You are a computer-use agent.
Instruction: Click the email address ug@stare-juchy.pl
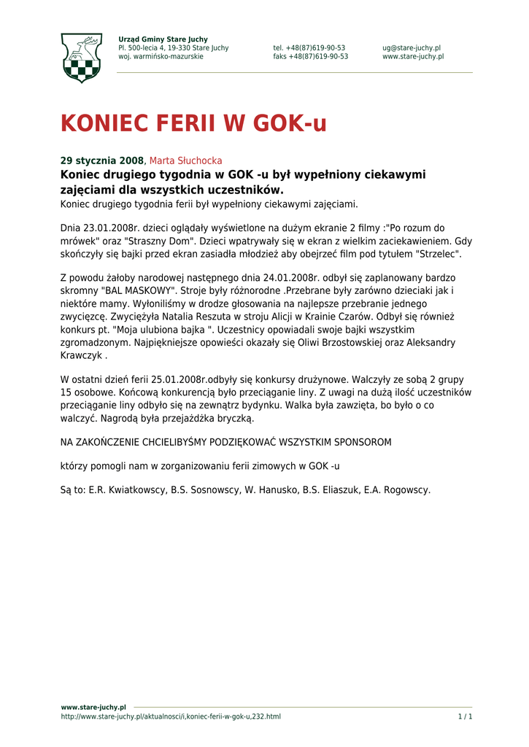411,48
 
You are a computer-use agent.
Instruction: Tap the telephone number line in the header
309,48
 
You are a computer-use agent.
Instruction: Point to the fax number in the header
310,57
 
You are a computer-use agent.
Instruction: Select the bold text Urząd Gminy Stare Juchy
163,39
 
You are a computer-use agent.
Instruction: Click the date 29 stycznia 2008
102,160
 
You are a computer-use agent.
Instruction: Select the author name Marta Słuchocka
185,160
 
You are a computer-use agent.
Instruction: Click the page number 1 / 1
465,716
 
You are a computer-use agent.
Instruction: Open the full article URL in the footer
170,716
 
